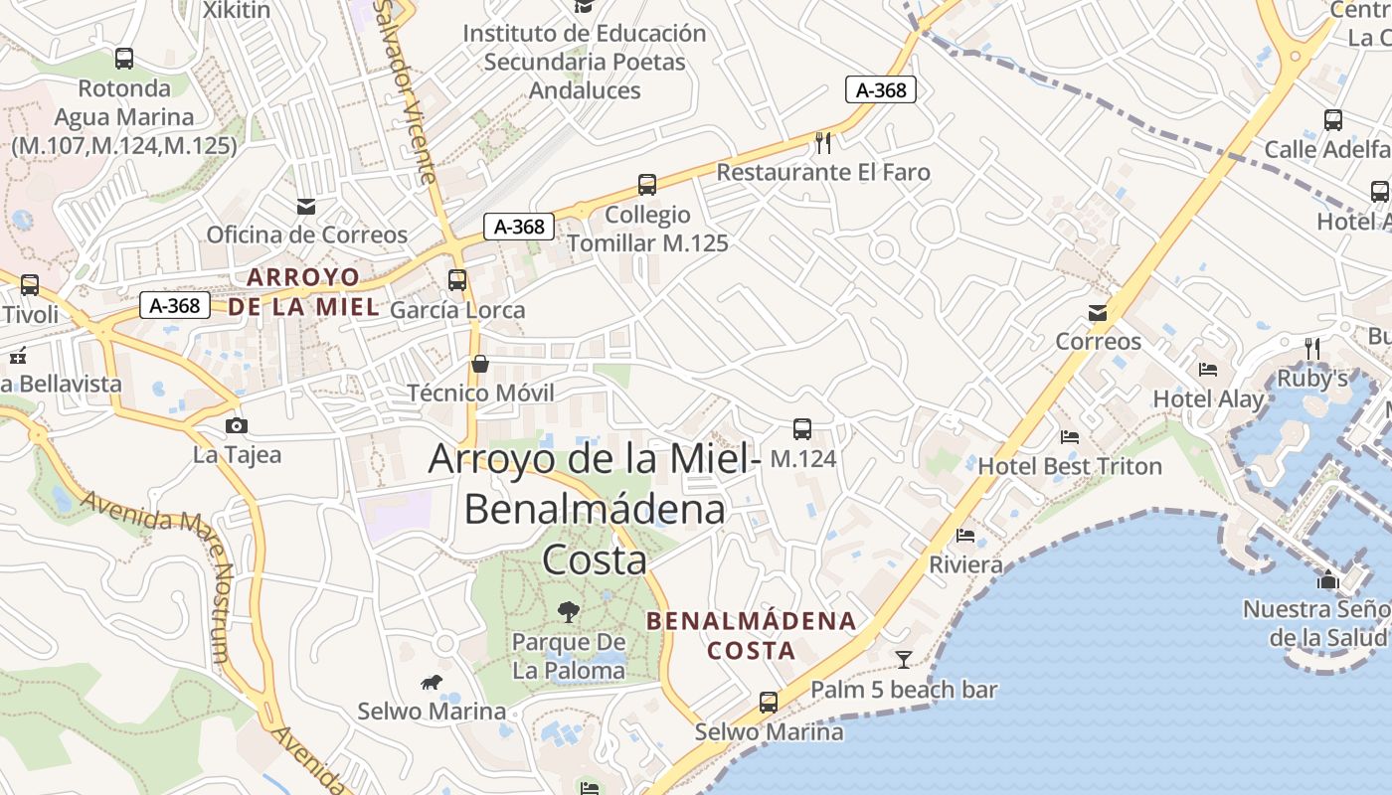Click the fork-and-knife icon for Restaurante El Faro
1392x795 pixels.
tap(823, 143)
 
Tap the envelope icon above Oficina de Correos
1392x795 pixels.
tap(306, 207)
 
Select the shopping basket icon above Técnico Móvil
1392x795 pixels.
tap(480, 364)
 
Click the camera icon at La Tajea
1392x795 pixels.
tap(237, 426)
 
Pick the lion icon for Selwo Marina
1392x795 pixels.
tap(432, 682)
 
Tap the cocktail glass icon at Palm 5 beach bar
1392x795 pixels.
tap(903, 659)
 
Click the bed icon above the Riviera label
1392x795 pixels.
tap(965, 536)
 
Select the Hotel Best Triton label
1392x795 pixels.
tap(1070, 466)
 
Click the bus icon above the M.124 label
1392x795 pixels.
tap(802, 429)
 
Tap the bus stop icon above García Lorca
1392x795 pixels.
tap(457, 280)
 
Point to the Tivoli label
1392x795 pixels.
tap(30, 314)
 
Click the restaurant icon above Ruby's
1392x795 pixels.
tap(1312, 348)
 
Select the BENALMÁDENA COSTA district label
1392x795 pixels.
tap(751, 636)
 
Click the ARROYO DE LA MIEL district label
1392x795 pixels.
tap(304, 291)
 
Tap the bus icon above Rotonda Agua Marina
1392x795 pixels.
tap(124, 59)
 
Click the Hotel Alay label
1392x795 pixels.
tap(1208, 399)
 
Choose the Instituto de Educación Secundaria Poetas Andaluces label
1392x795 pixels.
tap(585, 62)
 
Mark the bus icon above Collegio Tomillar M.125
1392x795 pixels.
tap(647, 185)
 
